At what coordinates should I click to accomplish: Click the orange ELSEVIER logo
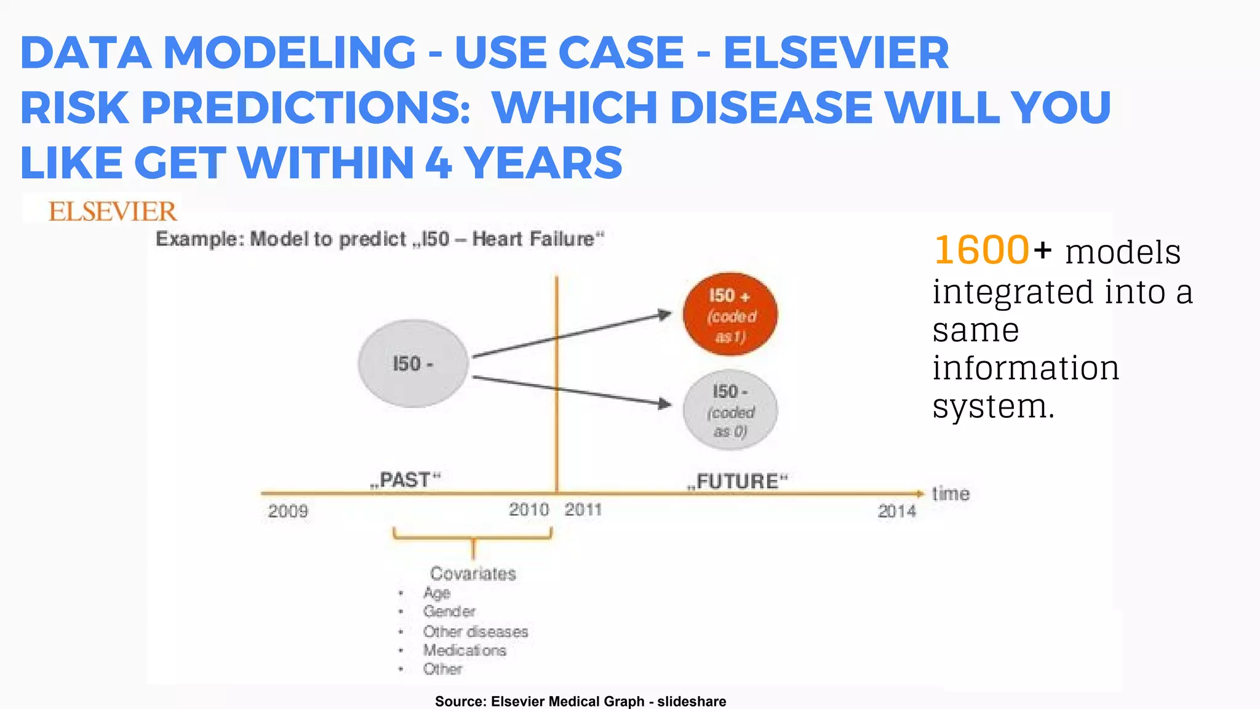113,212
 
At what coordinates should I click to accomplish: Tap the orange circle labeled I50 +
730,314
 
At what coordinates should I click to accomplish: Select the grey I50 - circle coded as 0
730,410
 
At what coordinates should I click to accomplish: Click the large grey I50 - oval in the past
413,364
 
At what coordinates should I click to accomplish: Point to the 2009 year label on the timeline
288,511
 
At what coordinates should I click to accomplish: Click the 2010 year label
528,510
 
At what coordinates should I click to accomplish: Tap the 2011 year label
583,510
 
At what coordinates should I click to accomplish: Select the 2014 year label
896,511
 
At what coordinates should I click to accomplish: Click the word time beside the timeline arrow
951,494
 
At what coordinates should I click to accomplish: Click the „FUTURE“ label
738,481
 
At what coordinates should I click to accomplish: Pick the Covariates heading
472,574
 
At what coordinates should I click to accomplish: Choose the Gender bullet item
449,612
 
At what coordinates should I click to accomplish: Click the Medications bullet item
465,651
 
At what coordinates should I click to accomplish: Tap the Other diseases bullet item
475,631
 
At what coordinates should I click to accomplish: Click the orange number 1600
981,250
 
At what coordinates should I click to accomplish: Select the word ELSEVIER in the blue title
835,53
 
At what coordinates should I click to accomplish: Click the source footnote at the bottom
580,701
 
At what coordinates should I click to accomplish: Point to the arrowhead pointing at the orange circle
664,314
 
